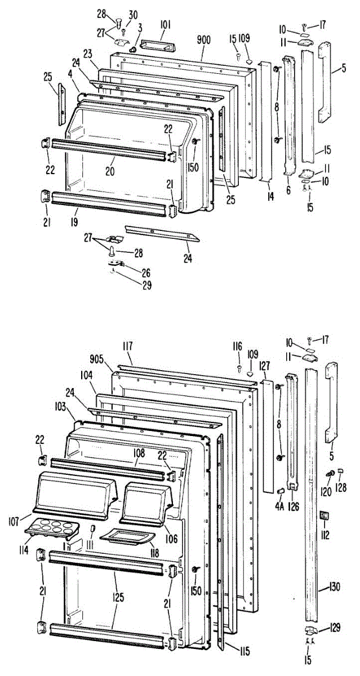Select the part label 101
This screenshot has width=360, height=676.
click(166, 25)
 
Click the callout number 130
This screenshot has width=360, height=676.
click(335, 587)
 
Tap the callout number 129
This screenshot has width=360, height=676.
click(335, 626)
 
